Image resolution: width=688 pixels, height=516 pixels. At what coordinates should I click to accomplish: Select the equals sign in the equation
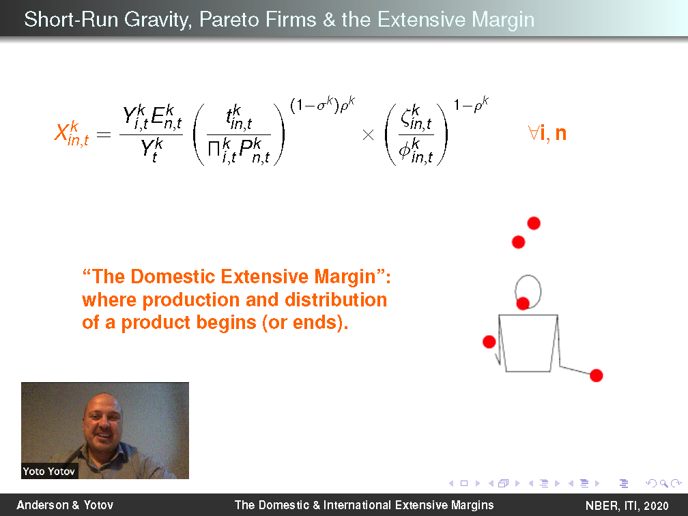[x=104, y=134]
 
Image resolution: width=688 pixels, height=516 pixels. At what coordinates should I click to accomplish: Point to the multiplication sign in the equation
[x=368, y=134]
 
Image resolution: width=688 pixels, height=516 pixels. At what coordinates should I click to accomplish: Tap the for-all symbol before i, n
[x=534, y=133]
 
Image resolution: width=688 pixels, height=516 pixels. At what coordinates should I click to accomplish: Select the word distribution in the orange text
[x=336, y=300]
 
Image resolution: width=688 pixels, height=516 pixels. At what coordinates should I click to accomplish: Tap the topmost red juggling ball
[x=534, y=223]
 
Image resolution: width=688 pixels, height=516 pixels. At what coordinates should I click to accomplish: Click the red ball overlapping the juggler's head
[x=523, y=303]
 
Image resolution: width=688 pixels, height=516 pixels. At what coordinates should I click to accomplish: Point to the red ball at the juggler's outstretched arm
[x=597, y=375]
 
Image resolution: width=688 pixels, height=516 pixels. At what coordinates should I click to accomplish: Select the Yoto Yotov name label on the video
[x=49, y=471]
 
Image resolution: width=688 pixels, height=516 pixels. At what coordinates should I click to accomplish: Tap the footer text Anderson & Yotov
[x=65, y=505]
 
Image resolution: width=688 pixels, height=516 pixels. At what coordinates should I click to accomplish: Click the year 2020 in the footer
[x=656, y=506]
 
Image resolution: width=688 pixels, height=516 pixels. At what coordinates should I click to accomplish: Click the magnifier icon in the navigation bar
[x=663, y=483]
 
